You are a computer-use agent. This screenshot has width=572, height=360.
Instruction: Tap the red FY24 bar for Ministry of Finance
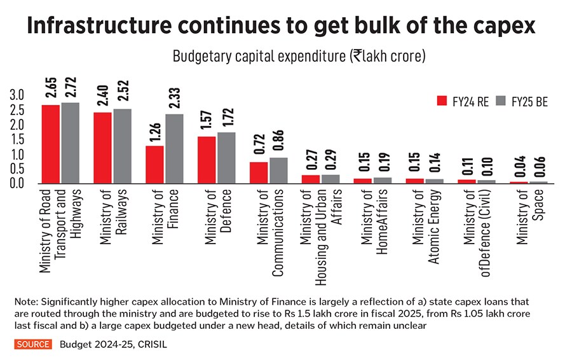click(x=154, y=164)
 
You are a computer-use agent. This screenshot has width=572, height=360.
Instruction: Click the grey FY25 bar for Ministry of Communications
click(x=278, y=170)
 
